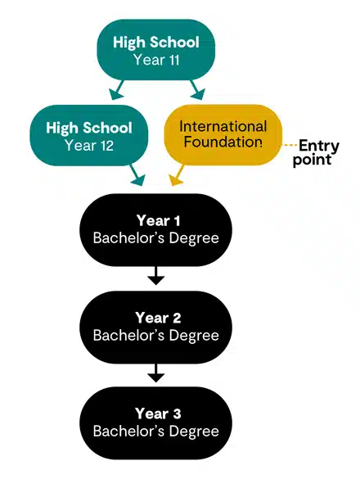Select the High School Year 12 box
tap(89, 137)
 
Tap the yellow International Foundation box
tap(223, 134)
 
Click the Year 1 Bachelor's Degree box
tap(155, 229)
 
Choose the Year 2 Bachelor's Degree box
tap(155, 327)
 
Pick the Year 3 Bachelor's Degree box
tap(155, 423)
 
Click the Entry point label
tap(315, 153)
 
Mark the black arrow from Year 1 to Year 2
tap(155, 276)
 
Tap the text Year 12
tap(89, 146)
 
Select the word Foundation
tap(223, 142)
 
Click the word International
tap(223, 126)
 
